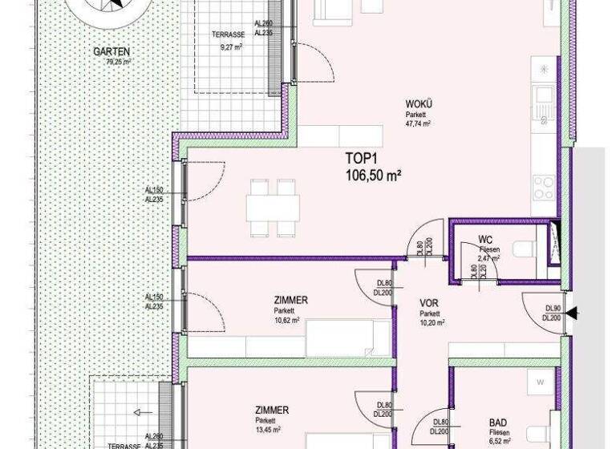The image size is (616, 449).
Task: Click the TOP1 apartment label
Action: (361, 157)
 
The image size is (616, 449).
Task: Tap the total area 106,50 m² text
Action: (373, 173)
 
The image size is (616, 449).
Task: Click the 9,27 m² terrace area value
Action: (231, 47)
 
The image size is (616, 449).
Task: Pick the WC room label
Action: (485, 240)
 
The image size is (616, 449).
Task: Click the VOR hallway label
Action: (429, 303)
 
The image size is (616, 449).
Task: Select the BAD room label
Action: (497, 423)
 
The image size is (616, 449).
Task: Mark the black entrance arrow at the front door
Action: (572, 313)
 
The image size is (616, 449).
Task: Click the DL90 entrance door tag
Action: (552, 309)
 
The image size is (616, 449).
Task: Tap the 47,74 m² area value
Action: (418, 124)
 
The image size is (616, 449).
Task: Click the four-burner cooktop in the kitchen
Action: (544, 189)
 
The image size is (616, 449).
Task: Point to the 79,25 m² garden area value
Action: (112, 61)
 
